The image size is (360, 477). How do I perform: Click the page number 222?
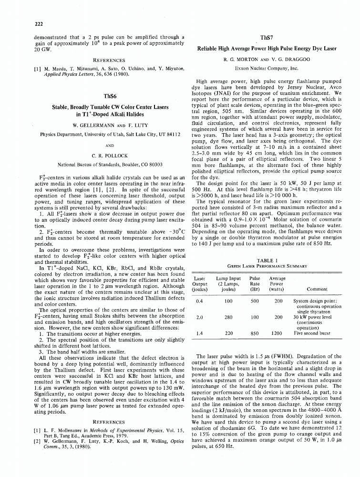pos(39,24)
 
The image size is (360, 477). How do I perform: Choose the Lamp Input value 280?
pos(228,317)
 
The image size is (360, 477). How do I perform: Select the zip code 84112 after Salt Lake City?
pos(172,135)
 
